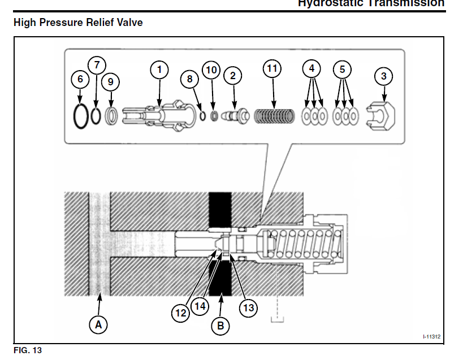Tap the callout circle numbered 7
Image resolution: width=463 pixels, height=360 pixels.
point(97,65)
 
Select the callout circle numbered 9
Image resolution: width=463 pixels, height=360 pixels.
point(110,82)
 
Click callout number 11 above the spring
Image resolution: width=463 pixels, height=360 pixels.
point(272,69)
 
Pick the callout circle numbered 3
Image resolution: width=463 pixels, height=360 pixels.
point(384,76)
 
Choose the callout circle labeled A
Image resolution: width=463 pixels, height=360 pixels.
point(99,324)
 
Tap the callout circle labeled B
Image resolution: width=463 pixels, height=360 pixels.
point(220,326)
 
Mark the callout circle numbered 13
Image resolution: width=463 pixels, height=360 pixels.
point(248,307)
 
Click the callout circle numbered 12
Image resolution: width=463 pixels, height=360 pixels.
point(181,312)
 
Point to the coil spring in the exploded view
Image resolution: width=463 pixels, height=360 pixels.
point(273,116)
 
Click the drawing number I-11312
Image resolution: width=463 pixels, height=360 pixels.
point(431,337)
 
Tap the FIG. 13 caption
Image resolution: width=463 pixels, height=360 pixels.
point(28,350)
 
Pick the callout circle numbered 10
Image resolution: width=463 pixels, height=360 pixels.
point(211,70)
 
